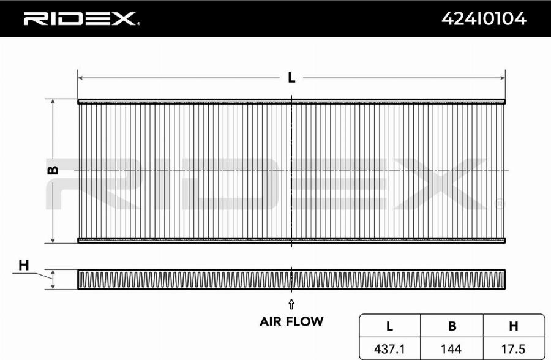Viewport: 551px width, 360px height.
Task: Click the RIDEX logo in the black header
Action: point(80,18)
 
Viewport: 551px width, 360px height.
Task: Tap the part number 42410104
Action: point(484,18)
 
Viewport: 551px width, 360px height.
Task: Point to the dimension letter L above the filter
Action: point(291,78)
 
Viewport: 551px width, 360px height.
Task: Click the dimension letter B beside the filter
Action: point(53,170)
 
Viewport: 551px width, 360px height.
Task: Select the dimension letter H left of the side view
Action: point(23,265)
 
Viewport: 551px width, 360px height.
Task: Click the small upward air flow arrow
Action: point(291,304)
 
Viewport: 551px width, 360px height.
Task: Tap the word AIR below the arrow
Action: point(271,321)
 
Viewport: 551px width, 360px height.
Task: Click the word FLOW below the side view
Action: point(305,321)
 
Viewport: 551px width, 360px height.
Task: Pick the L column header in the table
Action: point(389,326)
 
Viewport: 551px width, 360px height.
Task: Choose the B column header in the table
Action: point(452,326)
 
